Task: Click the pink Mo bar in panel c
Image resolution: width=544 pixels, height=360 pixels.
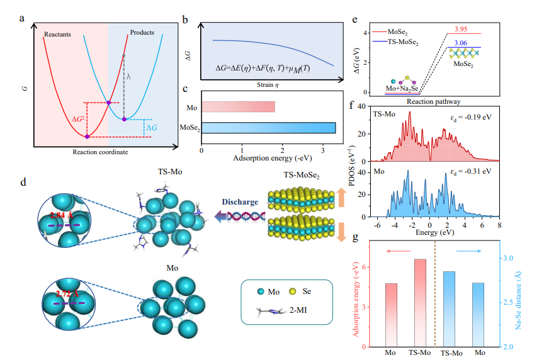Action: coord(238,106)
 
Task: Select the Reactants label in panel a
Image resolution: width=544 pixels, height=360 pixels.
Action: coord(60,31)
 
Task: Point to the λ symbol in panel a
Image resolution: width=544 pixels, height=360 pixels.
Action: coord(130,75)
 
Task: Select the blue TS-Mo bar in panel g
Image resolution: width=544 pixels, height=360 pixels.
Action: coord(449,308)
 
